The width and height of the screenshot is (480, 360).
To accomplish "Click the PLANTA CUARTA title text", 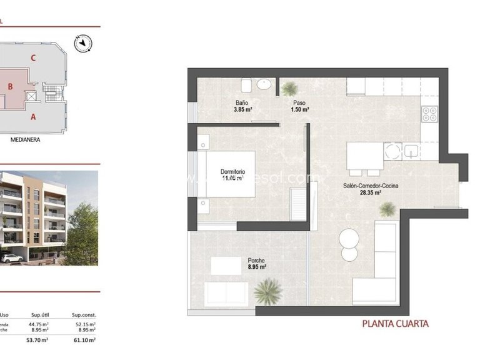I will (396, 324).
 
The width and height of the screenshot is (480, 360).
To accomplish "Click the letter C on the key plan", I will (32, 58).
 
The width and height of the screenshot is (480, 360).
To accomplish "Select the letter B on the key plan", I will (11, 87).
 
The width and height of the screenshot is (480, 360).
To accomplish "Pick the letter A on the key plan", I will (32, 116).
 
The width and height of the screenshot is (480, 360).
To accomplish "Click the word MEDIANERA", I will (25, 140).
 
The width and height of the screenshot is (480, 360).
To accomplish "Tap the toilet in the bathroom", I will (246, 86).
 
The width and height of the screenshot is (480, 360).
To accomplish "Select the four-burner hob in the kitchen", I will (429, 114).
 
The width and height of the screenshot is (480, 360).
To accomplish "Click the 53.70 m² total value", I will (40, 340).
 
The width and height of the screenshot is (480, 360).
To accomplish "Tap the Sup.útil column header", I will (40, 316).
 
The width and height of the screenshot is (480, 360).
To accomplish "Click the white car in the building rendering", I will (11, 257).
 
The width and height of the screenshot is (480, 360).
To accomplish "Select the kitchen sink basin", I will (411, 151).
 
